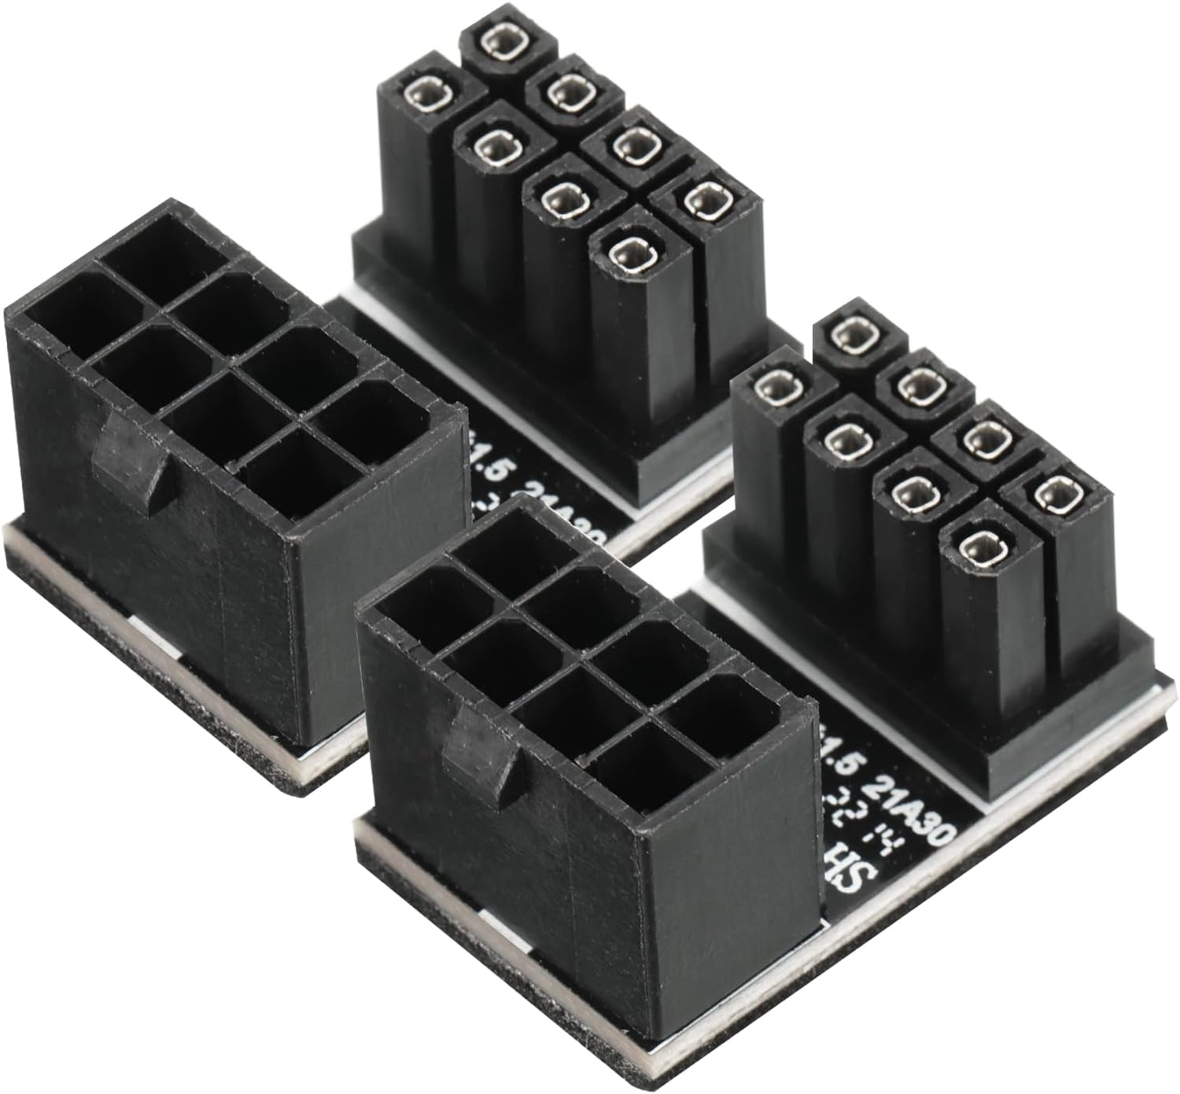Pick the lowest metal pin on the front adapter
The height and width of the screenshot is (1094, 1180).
coord(975,547)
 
